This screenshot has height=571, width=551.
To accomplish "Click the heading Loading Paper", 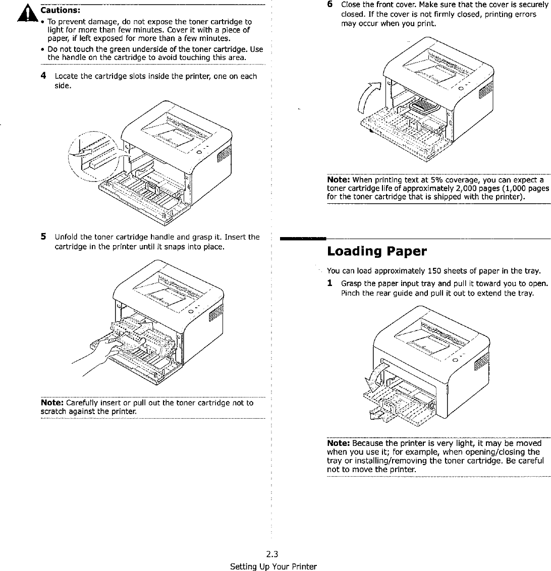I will click(377, 251).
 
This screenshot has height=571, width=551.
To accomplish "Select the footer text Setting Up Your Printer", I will click(273, 566).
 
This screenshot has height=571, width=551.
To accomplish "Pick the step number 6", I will click(329, 5).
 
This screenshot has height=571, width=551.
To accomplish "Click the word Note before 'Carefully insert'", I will click(51, 403).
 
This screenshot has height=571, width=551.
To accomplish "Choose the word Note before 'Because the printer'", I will click(338, 443).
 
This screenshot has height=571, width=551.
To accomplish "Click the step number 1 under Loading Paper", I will click(329, 283).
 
